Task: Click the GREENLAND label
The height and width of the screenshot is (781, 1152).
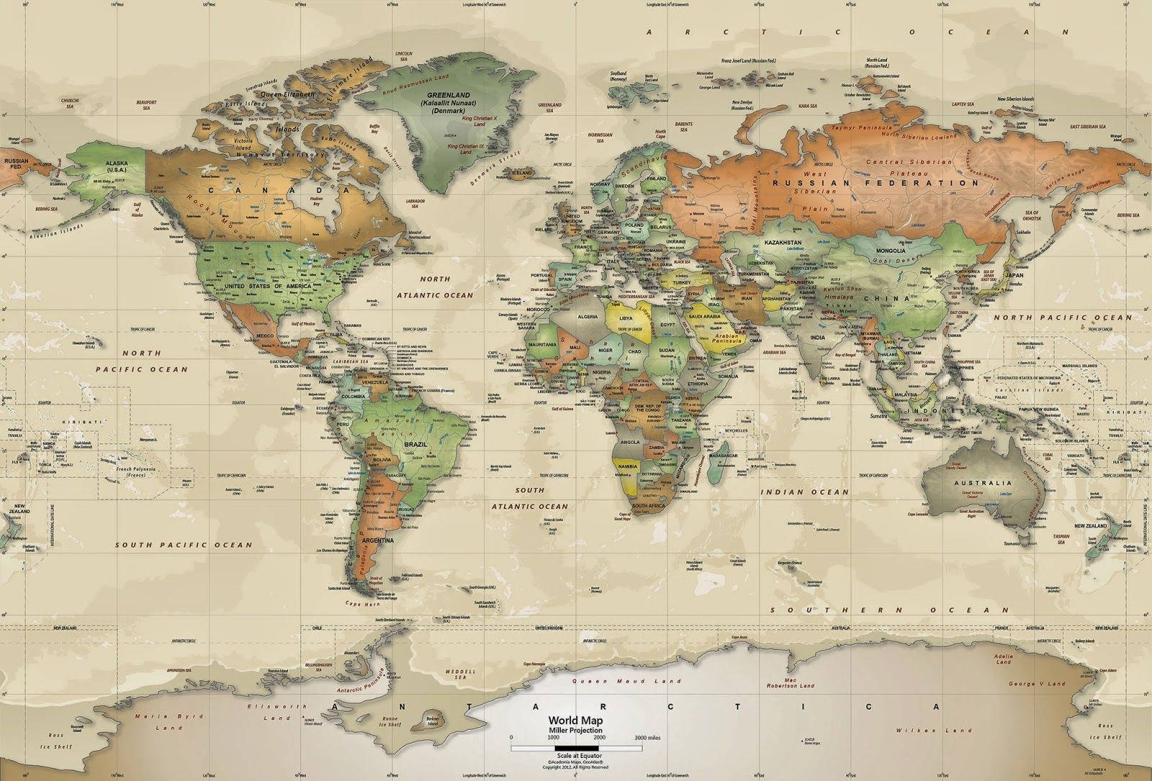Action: point(449,95)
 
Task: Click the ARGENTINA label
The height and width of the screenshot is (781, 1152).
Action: point(379,540)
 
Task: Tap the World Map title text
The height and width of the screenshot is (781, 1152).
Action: point(576,720)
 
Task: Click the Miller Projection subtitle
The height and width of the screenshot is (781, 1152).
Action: point(576,731)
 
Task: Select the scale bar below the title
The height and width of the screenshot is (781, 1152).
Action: point(576,748)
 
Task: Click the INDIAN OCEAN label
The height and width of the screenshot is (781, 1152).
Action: point(805,491)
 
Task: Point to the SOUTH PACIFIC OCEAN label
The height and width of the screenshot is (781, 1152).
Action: point(184,545)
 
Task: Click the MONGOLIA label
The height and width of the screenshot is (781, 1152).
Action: point(889,251)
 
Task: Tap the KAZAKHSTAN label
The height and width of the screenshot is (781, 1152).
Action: point(783,243)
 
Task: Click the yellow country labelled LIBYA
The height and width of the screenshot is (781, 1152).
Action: point(626,318)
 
